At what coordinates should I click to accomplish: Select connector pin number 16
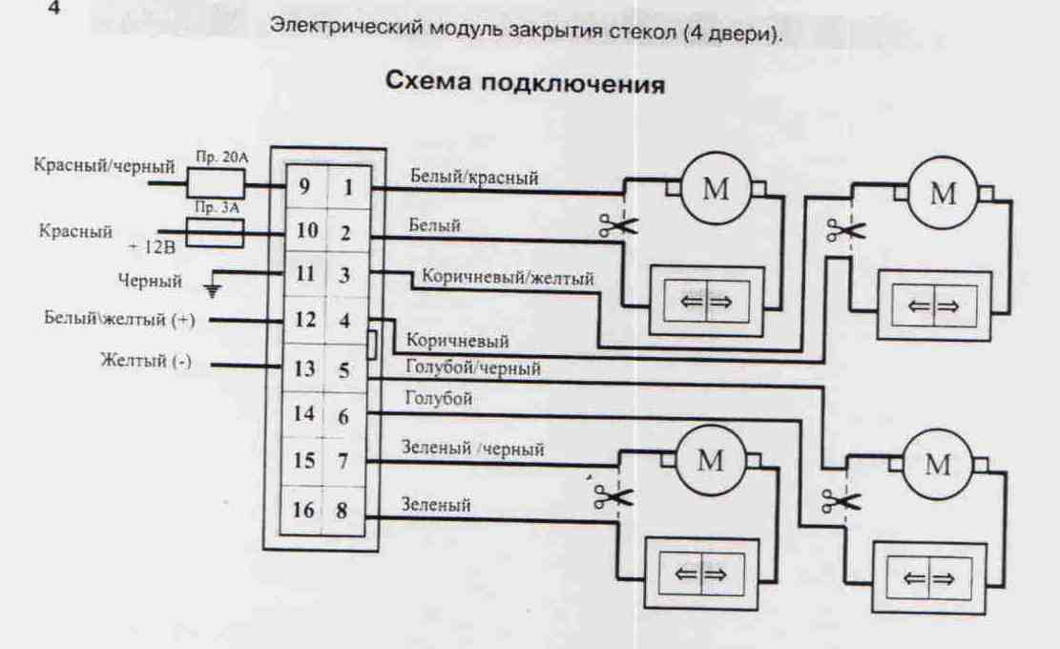[302, 510]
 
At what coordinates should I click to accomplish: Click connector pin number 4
[344, 321]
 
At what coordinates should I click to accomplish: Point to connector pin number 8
[342, 510]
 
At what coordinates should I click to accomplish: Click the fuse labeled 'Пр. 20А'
[215, 181]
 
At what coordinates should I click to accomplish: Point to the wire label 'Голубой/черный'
[473, 367]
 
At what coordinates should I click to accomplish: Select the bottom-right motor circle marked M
[939, 467]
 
